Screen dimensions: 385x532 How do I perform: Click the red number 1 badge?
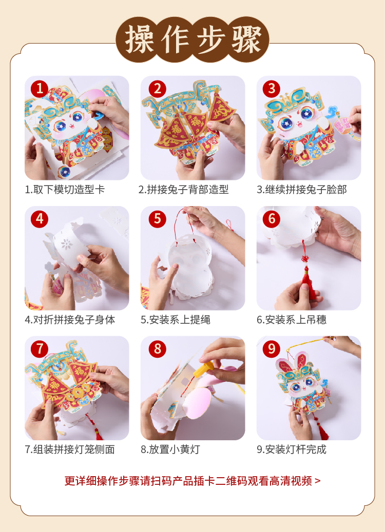point(40,89)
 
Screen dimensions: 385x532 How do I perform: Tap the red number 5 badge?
point(157,219)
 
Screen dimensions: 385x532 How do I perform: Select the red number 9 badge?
point(272,349)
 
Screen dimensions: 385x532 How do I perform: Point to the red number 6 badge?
point(272,219)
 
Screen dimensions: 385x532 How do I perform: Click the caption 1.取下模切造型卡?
point(65,189)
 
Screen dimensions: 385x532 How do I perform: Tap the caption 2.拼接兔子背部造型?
point(183,189)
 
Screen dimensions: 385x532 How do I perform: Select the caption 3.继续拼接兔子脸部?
point(302,189)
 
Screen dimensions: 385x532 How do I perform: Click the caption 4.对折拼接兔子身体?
point(70,320)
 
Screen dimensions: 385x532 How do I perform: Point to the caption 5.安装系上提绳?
point(176,320)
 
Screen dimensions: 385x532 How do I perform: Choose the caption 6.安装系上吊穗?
point(292,320)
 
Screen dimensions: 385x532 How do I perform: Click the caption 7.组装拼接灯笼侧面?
point(70,449)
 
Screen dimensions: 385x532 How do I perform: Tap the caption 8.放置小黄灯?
point(170,449)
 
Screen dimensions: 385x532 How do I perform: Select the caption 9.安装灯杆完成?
point(292,449)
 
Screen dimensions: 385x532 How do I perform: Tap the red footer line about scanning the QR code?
point(192,481)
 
